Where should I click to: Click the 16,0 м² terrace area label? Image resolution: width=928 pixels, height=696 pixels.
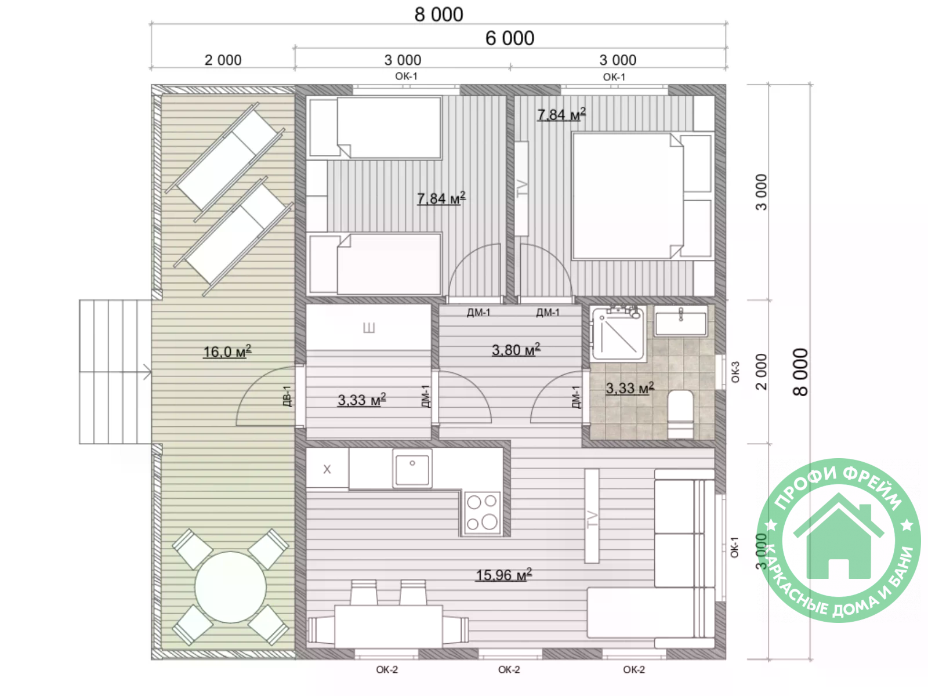tap(227, 351)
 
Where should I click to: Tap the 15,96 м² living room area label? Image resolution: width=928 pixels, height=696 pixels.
tap(504, 575)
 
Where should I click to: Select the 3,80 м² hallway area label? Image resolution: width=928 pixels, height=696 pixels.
tap(516, 350)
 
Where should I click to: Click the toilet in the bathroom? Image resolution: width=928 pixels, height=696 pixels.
tap(680, 414)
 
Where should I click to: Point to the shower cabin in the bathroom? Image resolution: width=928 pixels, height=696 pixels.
tap(619, 334)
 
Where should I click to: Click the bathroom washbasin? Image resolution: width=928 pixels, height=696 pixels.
tap(681, 321)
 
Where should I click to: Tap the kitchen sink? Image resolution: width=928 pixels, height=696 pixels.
tap(412, 469)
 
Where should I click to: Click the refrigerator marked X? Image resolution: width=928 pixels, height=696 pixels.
tap(327, 469)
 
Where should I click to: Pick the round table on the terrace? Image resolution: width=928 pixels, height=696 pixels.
tap(230, 586)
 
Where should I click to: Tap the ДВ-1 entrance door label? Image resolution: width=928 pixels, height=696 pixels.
tap(287, 396)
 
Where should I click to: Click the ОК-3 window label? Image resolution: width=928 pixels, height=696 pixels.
tap(735, 372)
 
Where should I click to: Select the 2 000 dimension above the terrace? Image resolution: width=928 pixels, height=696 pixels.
tap(223, 60)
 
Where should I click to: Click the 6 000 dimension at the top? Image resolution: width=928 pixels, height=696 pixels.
tap(510, 38)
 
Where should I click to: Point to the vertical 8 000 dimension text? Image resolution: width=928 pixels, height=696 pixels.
tap(801, 372)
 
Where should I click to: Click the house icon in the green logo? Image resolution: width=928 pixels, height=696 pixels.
tap(838, 536)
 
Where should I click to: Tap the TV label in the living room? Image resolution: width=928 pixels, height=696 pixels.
tap(593, 519)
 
